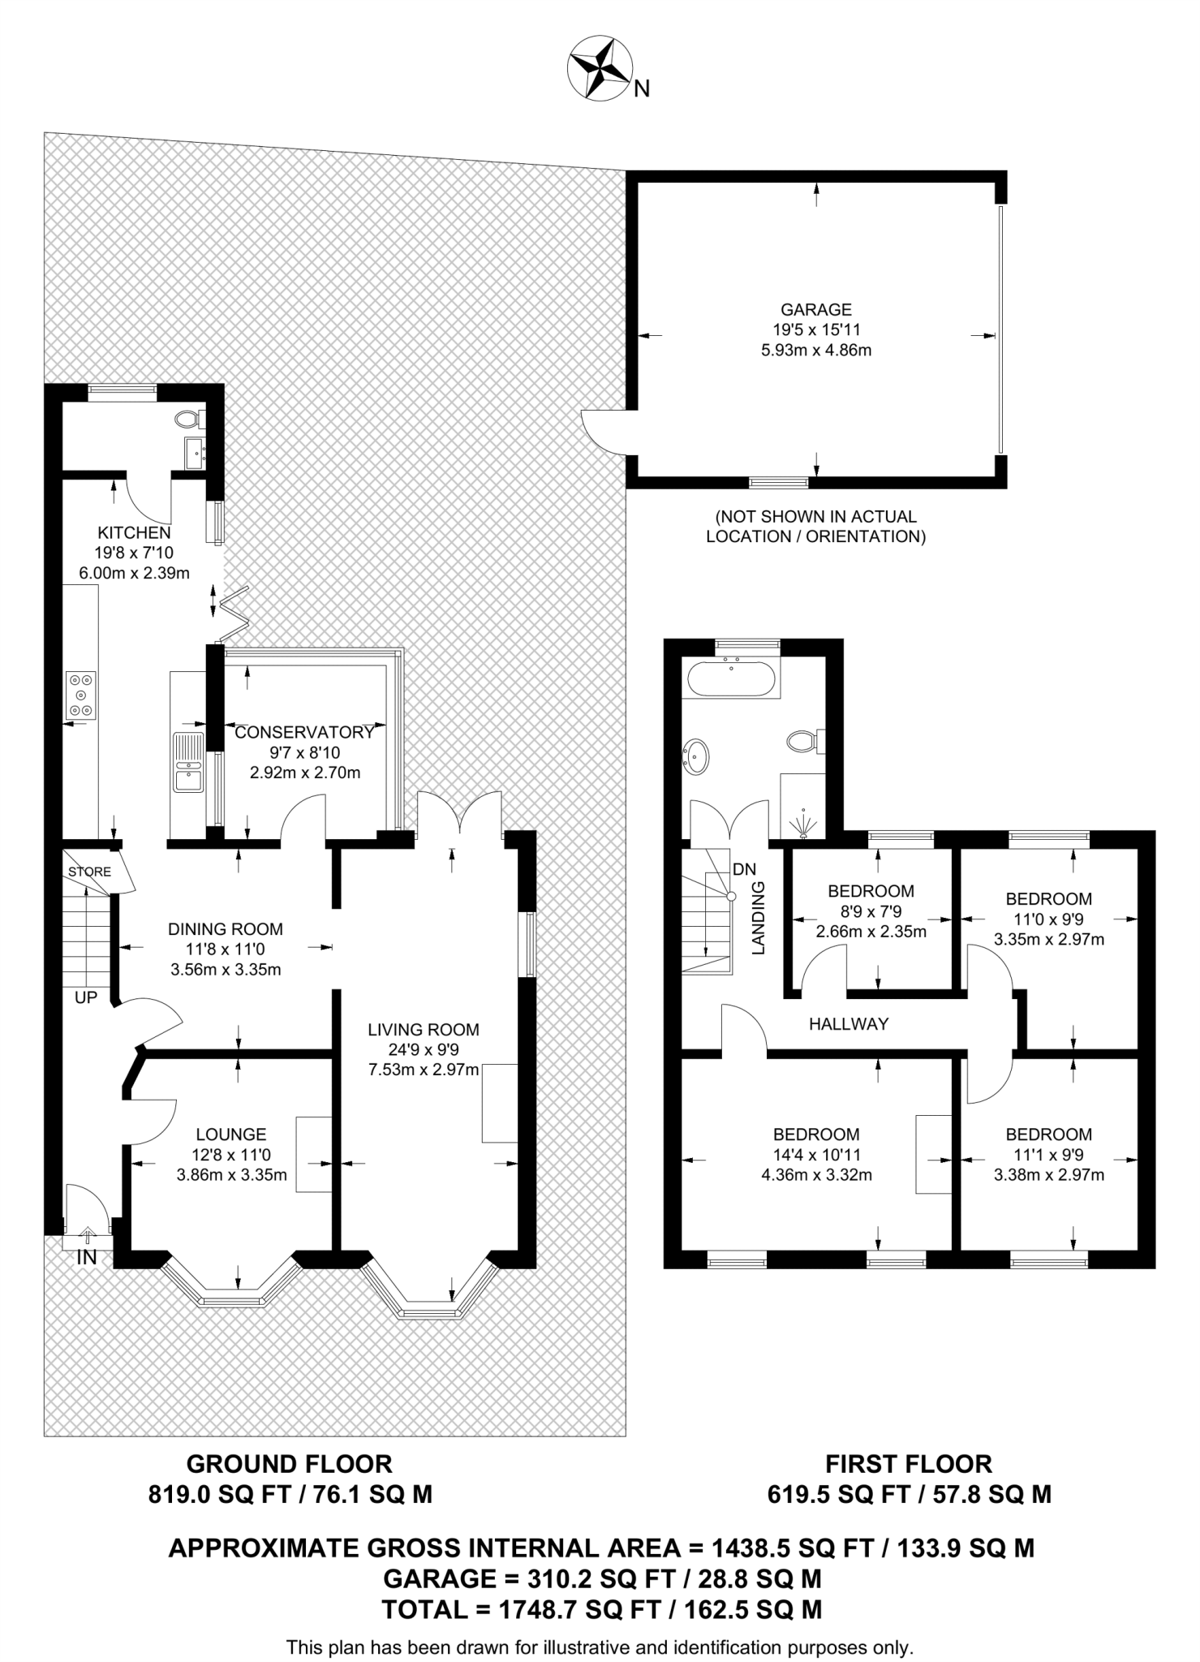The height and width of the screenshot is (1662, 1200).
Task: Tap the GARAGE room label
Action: tap(815, 309)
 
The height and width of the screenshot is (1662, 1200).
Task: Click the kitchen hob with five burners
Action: tap(81, 694)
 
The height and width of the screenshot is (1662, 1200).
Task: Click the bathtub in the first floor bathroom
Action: tap(732, 678)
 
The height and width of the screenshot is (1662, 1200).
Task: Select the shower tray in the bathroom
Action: tap(802, 805)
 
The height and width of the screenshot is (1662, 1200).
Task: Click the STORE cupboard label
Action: tap(89, 872)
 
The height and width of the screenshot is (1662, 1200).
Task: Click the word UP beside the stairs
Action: tap(86, 998)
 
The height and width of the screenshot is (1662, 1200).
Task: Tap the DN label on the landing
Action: tap(744, 869)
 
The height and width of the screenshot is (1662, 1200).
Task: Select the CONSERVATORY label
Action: tap(304, 732)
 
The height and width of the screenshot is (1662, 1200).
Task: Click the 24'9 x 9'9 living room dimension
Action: tap(423, 1049)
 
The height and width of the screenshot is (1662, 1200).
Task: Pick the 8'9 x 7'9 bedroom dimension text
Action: tap(871, 911)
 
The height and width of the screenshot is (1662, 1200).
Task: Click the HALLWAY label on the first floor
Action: tap(849, 1024)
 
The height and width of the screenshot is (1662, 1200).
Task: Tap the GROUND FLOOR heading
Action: tap(290, 1464)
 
